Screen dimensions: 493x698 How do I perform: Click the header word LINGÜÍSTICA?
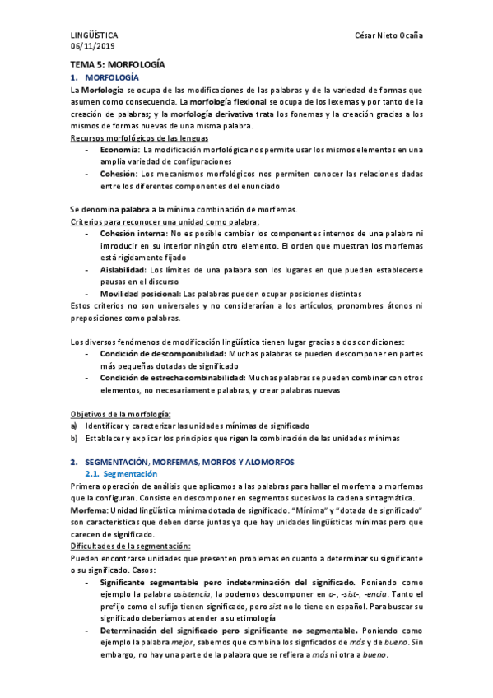(x=94, y=36)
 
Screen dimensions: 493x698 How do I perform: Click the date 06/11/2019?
(x=91, y=46)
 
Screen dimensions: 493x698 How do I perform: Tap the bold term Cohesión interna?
(x=133, y=235)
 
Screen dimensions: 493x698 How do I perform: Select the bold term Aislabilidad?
(x=123, y=270)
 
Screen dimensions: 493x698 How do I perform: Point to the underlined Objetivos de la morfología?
(x=120, y=414)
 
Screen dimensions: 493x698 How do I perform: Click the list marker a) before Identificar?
(x=74, y=426)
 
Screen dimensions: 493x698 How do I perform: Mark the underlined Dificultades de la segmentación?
(x=131, y=546)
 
